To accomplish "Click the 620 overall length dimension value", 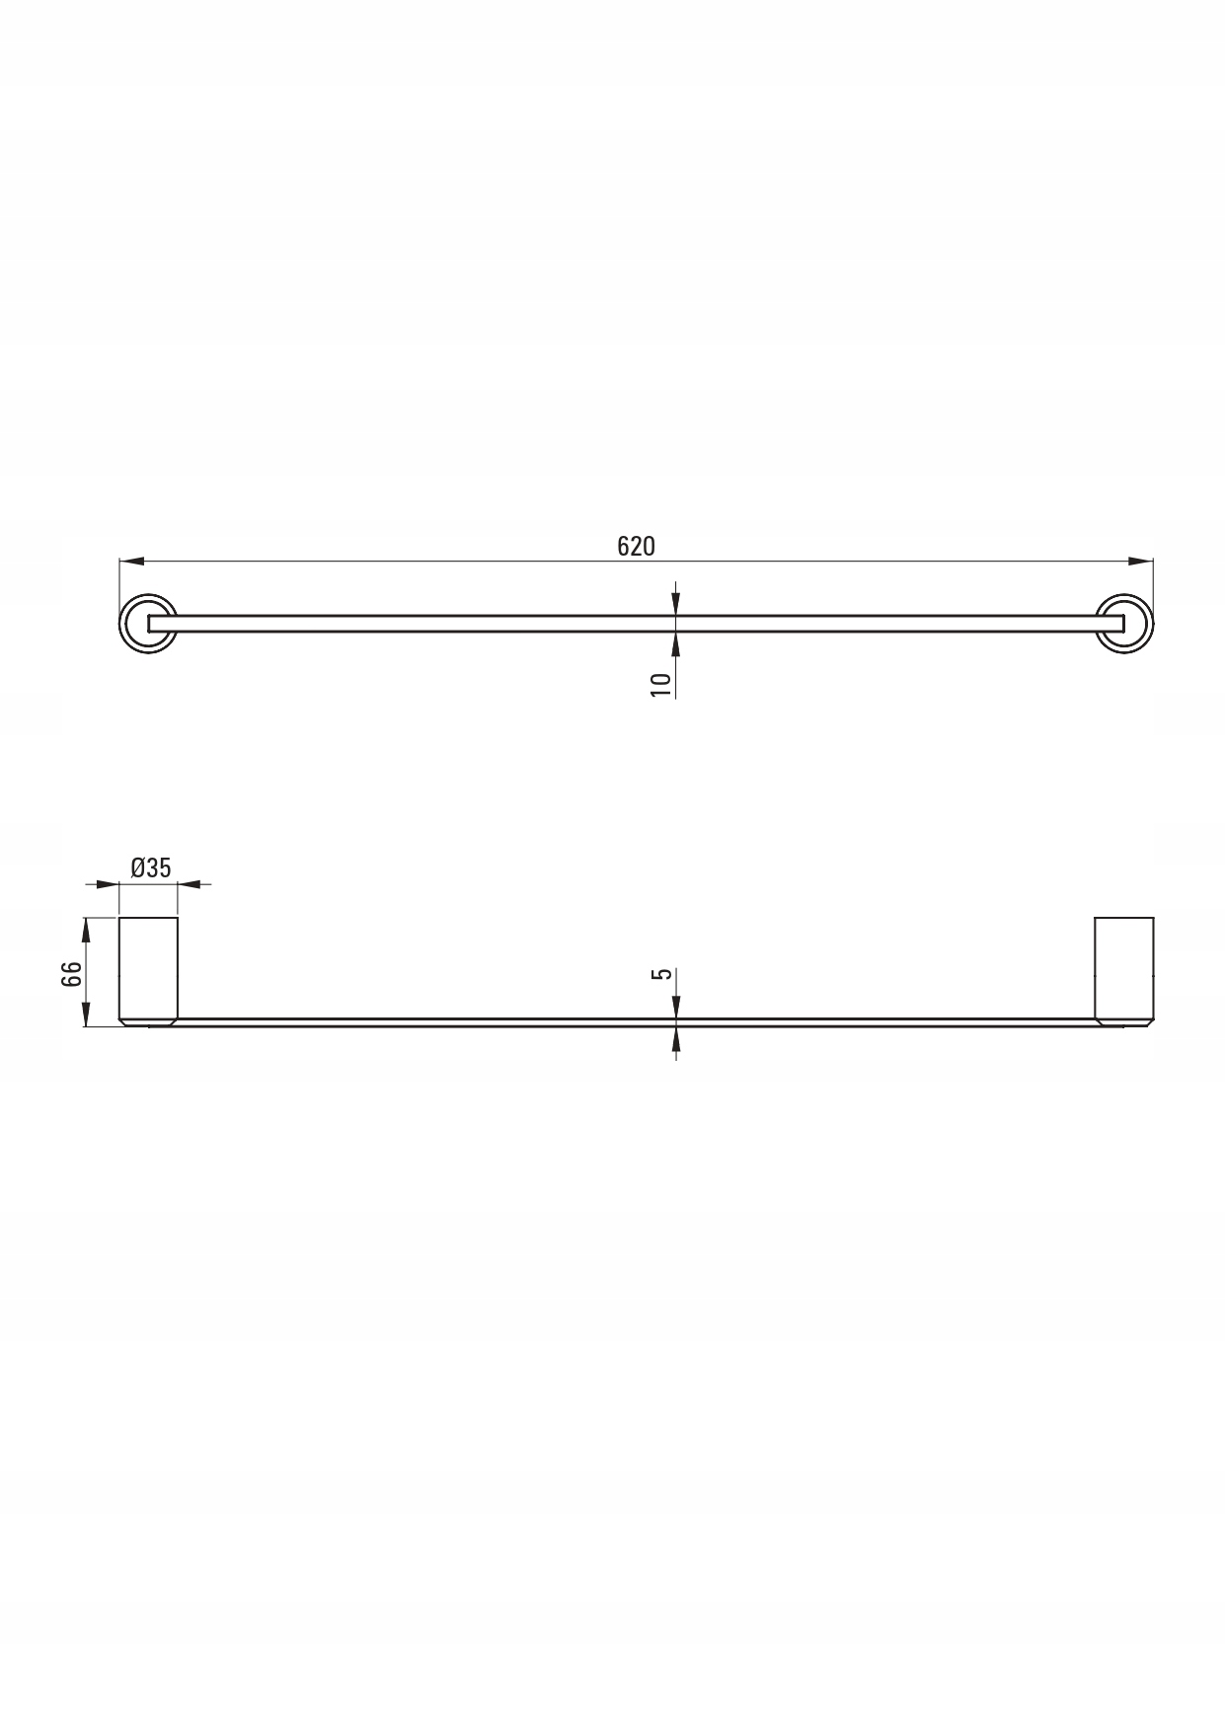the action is click(636, 546).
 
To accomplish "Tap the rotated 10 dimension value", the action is click(661, 684).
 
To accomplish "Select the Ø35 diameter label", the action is click(151, 867).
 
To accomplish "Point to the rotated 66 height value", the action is click(70, 975).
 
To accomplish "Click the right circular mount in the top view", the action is click(1124, 624).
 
